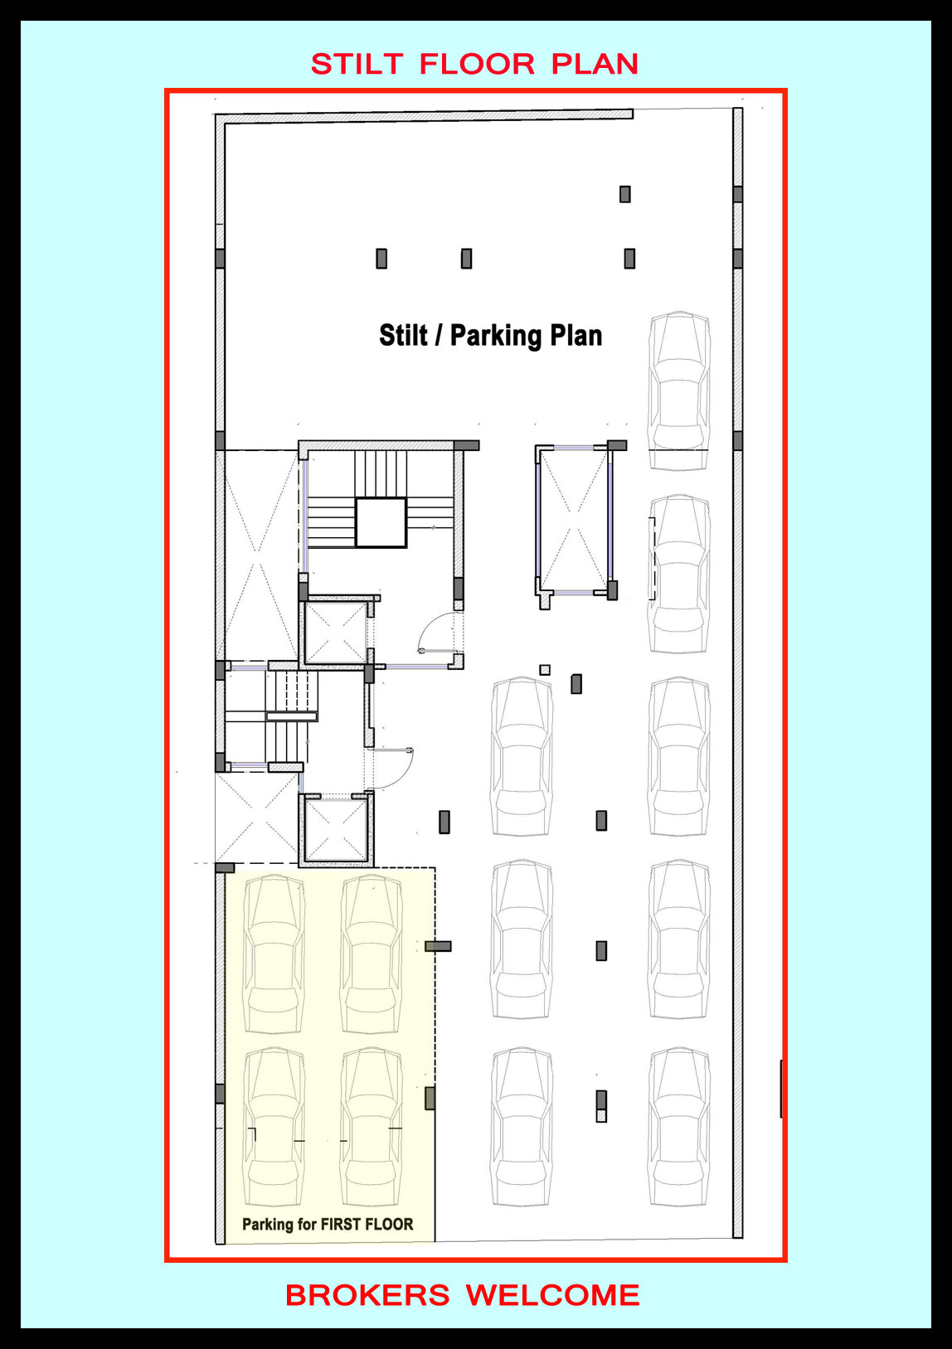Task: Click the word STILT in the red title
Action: (357, 65)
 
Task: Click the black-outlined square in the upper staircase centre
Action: (381, 522)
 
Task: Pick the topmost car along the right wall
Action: (679, 391)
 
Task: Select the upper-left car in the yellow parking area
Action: (274, 954)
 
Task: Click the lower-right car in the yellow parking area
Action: (371, 1128)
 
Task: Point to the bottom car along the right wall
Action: (679, 1128)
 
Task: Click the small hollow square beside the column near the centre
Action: (545, 670)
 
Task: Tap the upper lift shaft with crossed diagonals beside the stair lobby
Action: (335, 633)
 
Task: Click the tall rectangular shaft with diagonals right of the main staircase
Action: (574, 520)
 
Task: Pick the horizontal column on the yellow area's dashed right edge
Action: (438, 946)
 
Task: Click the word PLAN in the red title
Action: (595, 65)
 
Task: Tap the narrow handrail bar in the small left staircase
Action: (291, 716)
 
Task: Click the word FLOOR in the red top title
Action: (477, 65)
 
